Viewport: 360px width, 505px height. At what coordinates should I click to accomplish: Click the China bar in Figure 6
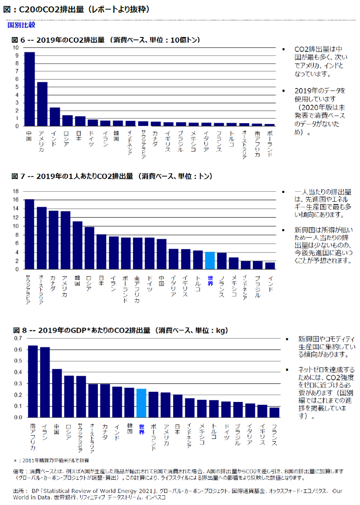point(29,89)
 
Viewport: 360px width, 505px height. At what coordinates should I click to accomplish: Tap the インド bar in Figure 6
point(55,117)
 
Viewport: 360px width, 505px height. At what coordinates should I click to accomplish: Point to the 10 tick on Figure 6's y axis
point(16,47)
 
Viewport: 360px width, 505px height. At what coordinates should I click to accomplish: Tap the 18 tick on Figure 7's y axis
point(16,191)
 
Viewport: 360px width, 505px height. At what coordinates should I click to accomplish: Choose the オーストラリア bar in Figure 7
point(41,238)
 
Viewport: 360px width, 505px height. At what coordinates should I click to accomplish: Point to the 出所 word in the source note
point(19,491)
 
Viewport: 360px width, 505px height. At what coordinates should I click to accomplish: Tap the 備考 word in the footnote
point(19,471)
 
